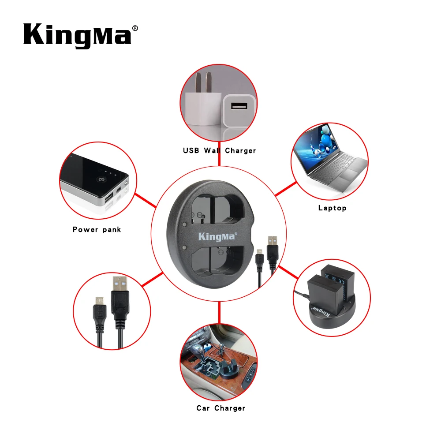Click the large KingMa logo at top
tap(78, 34)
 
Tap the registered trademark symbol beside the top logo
tap(135, 28)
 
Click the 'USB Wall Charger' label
tap(219, 151)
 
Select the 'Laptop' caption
tap(332, 208)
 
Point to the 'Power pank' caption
tap(97, 229)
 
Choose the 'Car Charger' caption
tap(220, 408)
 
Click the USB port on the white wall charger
tap(239, 106)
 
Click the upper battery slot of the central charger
tap(218, 207)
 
